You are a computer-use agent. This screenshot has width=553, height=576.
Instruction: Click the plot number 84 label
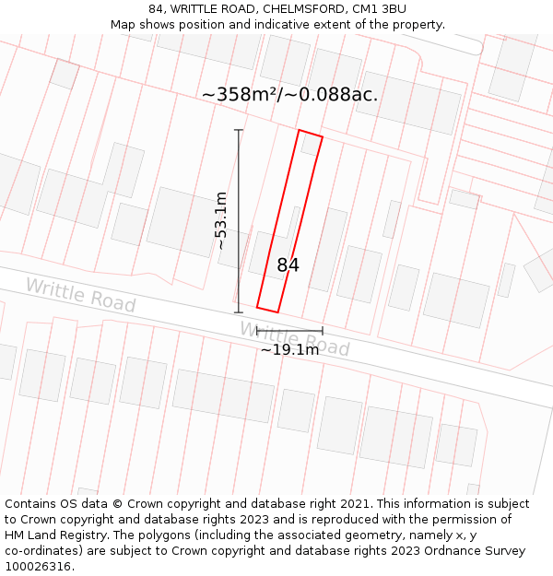click(x=288, y=265)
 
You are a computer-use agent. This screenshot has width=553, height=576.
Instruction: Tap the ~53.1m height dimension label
click(x=221, y=221)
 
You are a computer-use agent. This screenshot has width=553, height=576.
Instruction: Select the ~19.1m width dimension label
click(x=289, y=349)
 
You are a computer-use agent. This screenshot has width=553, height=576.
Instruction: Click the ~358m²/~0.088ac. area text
click(x=289, y=94)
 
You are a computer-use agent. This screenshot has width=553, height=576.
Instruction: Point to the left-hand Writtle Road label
click(x=80, y=295)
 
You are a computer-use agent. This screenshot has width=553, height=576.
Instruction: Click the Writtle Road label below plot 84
click(x=295, y=339)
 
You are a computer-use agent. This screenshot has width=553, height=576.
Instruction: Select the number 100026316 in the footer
click(x=40, y=567)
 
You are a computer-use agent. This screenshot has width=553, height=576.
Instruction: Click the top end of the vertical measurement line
click(x=239, y=130)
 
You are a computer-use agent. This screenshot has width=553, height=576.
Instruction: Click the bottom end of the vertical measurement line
click(x=239, y=312)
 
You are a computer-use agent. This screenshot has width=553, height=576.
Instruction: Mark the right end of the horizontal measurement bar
click(x=323, y=330)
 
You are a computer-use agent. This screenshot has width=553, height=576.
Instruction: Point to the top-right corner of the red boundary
click(x=323, y=137)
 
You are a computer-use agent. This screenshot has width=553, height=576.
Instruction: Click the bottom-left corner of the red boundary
click(x=257, y=307)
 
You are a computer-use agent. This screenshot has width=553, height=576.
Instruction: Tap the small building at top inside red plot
click(x=309, y=145)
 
